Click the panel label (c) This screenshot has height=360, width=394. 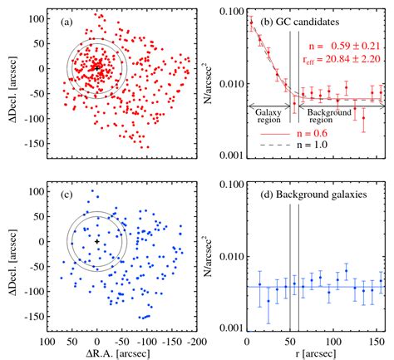60,195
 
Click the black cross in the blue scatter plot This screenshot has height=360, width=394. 97,241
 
